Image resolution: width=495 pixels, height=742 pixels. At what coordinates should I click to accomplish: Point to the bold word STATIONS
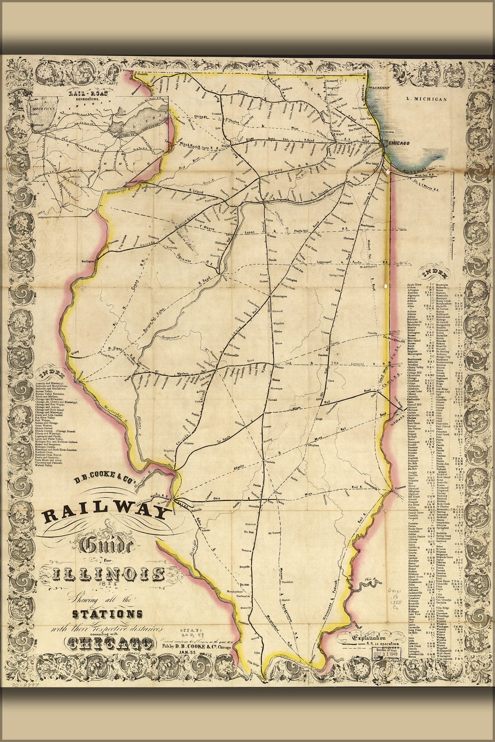[108, 614]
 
